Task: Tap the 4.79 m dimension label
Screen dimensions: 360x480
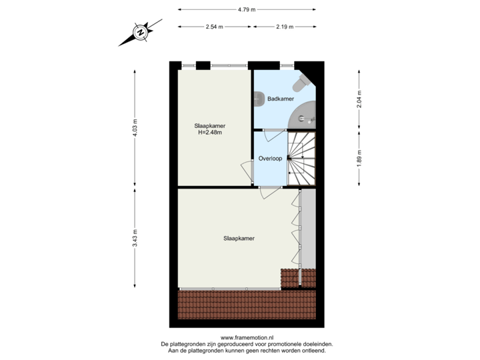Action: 246,9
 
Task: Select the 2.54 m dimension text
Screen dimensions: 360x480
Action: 214,27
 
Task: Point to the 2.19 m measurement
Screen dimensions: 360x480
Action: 285,27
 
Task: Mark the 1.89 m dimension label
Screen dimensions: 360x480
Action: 360,159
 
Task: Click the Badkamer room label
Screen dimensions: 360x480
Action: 281,99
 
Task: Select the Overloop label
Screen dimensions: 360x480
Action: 269,159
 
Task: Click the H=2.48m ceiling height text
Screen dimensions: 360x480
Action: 209,132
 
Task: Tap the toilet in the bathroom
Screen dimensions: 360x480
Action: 301,83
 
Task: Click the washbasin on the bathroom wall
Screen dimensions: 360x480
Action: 257,99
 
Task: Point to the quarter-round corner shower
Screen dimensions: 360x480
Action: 305,116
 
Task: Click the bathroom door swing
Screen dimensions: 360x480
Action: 273,135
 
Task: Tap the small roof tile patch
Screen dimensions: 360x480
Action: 291,277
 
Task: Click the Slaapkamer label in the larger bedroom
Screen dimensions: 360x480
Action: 239,238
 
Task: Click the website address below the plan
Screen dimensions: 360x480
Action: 246,337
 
